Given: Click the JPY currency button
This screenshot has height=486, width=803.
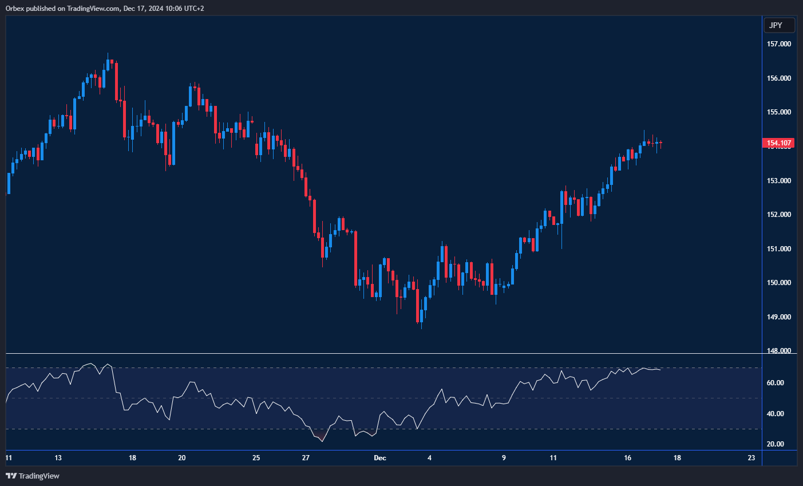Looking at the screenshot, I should [779, 25].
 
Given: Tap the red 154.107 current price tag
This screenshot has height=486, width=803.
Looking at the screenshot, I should [778, 143].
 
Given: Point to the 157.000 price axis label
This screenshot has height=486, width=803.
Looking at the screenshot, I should [779, 44].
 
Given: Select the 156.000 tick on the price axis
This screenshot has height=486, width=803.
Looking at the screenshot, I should [779, 78].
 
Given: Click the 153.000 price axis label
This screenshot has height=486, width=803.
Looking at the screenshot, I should [779, 181].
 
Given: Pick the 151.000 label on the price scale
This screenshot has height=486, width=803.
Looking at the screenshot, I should [779, 249].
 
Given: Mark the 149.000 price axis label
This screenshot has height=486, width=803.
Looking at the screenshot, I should [779, 317].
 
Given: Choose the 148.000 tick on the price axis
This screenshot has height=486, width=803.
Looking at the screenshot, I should [779, 351].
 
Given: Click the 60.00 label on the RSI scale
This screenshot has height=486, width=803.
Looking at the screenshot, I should [776, 383].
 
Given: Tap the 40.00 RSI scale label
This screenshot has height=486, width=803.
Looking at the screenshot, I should [776, 414].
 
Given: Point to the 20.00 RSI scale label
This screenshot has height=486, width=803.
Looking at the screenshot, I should [776, 444].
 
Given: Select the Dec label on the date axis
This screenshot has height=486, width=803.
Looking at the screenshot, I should [380, 458].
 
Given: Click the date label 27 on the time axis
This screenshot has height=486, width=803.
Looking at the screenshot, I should [306, 458].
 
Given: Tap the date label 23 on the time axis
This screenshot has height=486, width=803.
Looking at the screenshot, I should [751, 458].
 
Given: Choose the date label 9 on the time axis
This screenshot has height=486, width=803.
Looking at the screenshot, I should [504, 458].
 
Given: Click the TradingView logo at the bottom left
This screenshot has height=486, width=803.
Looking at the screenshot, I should [33, 476].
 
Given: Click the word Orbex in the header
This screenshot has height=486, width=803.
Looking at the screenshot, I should [15, 8].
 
